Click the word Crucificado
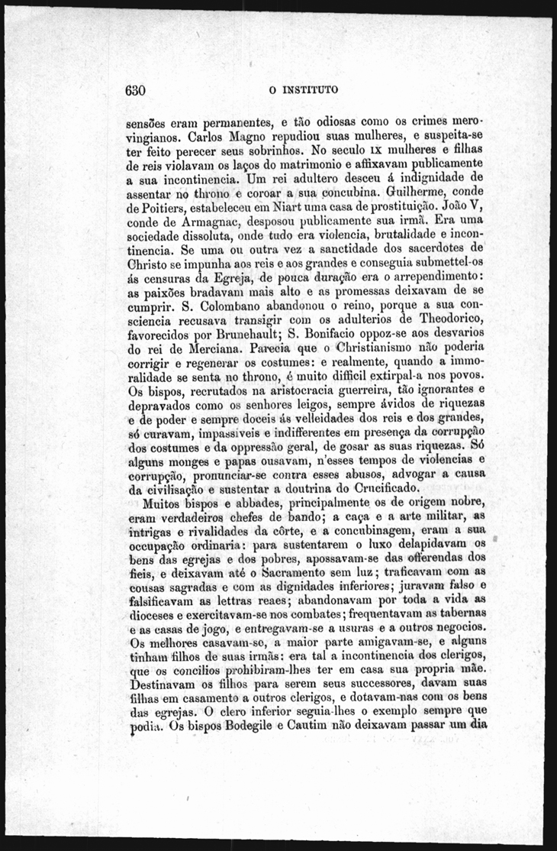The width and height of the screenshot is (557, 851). pyautogui.click(x=378, y=488)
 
